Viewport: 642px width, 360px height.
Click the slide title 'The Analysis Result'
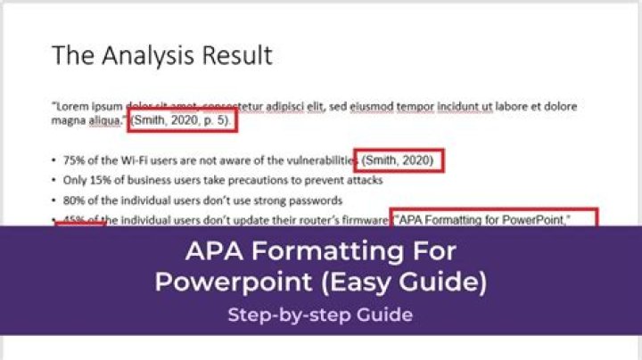coord(161,55)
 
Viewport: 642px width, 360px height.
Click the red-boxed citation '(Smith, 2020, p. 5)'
coord(183,120)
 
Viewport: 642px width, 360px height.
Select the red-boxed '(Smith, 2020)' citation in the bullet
coord(399,160)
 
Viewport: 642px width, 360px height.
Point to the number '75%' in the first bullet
coord(74,161)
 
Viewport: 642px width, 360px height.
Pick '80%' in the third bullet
coord(74,200)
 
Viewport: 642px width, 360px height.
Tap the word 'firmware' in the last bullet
coord(364,219)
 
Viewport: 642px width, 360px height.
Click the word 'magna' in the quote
coord(70,120)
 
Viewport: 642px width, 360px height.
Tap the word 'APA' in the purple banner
coord(212,252)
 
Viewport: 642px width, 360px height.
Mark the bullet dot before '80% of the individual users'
coord(54,200)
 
